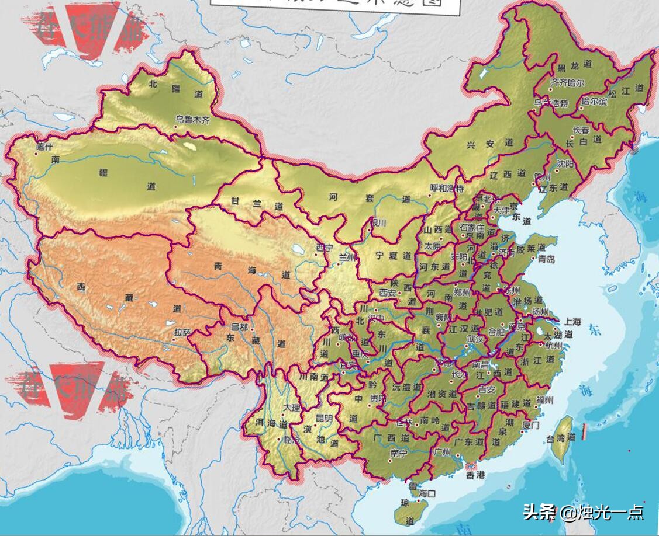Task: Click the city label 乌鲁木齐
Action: coord(191,119)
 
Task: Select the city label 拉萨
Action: coord(182,332)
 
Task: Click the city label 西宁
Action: coord(324,248)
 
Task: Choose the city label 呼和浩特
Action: coord(447,188)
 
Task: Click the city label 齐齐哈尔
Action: coord(567,83)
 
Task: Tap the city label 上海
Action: coord(573,322)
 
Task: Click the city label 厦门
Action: coord(530,425)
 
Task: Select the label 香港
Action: coord(475,475)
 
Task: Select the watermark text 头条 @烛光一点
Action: coord(583,513)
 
